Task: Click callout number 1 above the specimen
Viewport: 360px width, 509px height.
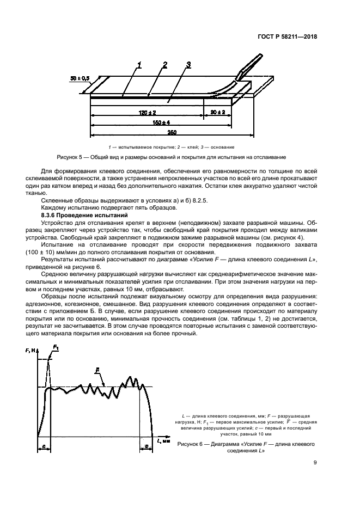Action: click(x=140, y=65)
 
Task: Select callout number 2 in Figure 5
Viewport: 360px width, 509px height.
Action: click(x=164, y=65)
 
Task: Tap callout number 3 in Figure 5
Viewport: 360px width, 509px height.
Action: click(x=188, y=65)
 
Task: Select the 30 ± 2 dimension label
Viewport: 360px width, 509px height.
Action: click(x=218, y=112)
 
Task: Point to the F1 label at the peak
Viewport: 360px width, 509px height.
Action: click(x=57, y=347)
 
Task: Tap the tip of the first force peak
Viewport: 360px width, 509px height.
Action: click(x=48, y=360)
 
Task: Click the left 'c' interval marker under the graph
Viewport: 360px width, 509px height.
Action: click(x=42, y=446)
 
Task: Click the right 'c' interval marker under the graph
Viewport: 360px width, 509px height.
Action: click(x=147, y=446)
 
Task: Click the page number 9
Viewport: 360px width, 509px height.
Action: click(x=315, y=464)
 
